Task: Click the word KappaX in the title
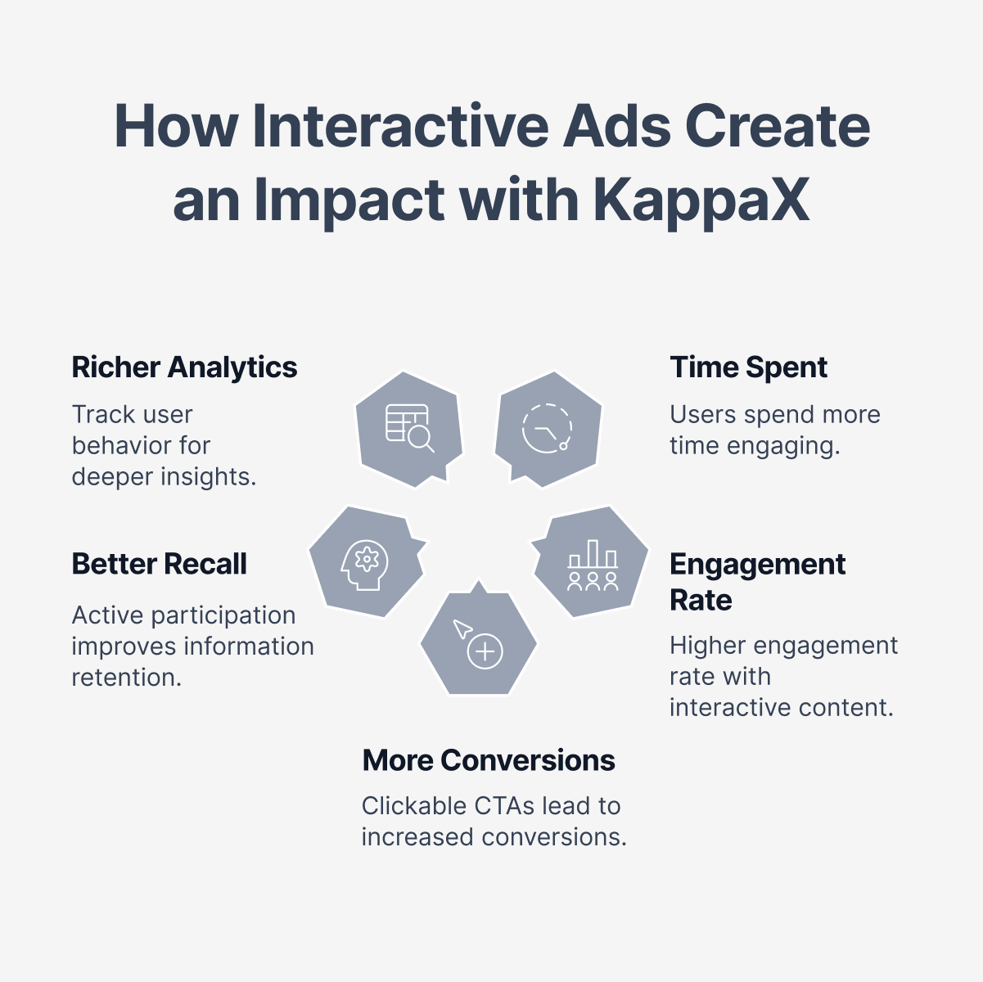[701, 201]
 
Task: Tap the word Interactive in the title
[400, 126]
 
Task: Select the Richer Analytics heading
[184, 367]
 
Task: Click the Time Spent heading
[748, 367]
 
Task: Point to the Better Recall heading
[159, 564]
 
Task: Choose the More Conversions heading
[489, 760]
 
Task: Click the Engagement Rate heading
[758, 582]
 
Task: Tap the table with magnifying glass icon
[409, 428]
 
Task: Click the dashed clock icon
[547, 428]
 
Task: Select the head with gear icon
[364, 565]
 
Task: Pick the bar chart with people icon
[593, 565]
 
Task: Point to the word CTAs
[504, 807]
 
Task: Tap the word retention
[127, 678]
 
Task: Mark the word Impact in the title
[349, 201]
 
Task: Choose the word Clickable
[414, 807]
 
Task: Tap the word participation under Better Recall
[223, 616]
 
